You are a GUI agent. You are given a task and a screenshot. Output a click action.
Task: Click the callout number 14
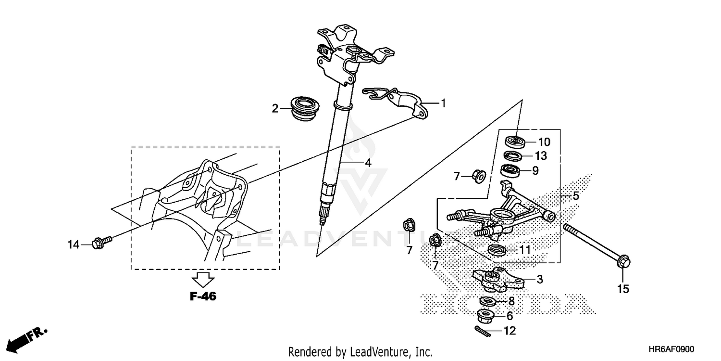pos(73,245)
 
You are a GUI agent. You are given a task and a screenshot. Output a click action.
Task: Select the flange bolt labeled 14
pos(101,240)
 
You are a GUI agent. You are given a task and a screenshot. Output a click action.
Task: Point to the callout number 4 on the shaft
pos(368,163)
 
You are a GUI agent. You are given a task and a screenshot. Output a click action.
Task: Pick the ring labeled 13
pos(513,156)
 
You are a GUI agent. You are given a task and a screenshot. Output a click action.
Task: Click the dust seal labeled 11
pos(497,250)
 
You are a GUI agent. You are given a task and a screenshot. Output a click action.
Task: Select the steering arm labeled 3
pos(497,280)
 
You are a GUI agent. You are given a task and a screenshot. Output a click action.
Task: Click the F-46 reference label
pos(203,297)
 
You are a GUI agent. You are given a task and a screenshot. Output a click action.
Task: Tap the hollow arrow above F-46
pos(203,279)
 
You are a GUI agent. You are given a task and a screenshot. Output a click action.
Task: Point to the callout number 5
pos(575,196)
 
